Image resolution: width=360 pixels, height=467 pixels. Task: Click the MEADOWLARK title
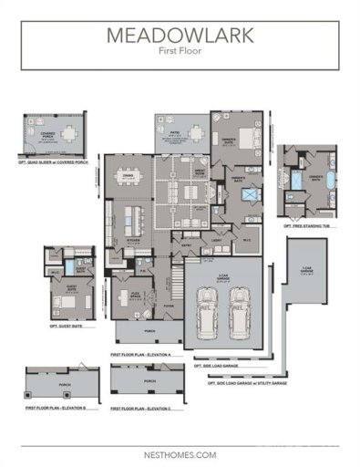click(180, 36)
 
